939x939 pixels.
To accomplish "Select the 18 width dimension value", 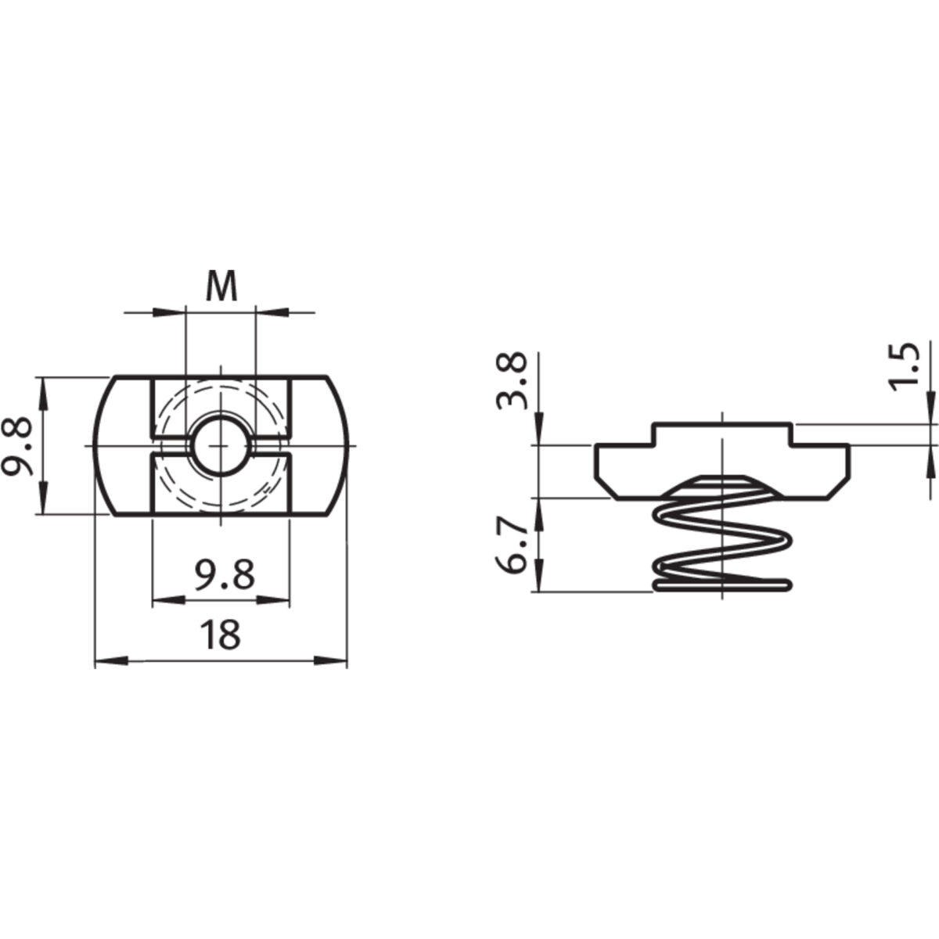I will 220,635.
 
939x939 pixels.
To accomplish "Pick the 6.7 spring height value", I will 513,551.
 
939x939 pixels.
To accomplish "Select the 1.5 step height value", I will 905,364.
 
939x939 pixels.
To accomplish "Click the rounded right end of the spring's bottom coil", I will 786,584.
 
